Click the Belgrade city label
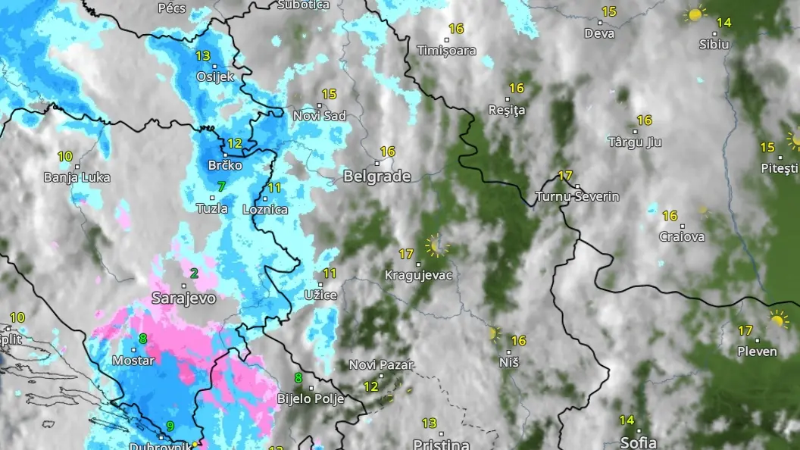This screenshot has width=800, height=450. [x=377, y=177]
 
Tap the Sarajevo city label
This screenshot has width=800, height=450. [x=183, y=298]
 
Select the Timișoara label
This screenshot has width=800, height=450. [x=446, y=51]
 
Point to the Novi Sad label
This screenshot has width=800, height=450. [x=320, y=116]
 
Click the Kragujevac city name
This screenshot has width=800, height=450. [x=418, y=275]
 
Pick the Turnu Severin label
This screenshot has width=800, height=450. [x=577, y=196]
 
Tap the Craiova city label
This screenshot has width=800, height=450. [x=682, y=236]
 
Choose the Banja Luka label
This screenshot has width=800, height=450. [x=77, y=177]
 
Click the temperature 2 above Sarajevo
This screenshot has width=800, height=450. [x=195, y=273]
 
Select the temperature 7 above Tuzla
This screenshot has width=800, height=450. [x=221, y=186]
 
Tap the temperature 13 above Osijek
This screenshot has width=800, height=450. [x=203, y=56]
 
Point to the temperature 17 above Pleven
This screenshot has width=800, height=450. [x=745, y=330]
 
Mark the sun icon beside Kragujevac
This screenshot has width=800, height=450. [x=436, y=245]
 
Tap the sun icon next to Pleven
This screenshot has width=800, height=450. [x=777, y=320]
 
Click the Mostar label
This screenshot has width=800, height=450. [x=133, y=361]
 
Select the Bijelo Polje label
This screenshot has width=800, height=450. [x=311, y=398]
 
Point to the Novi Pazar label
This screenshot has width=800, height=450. [x=381, y=365]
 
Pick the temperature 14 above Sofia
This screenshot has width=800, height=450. [x=627, y=420]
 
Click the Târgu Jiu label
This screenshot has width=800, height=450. [x=635, y=142]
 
